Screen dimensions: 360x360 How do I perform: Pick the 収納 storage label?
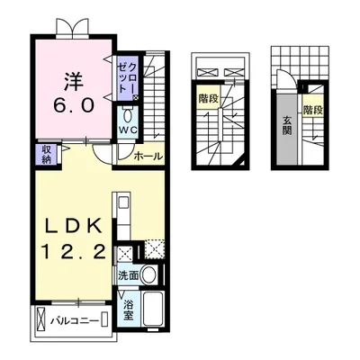point(45,155)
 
